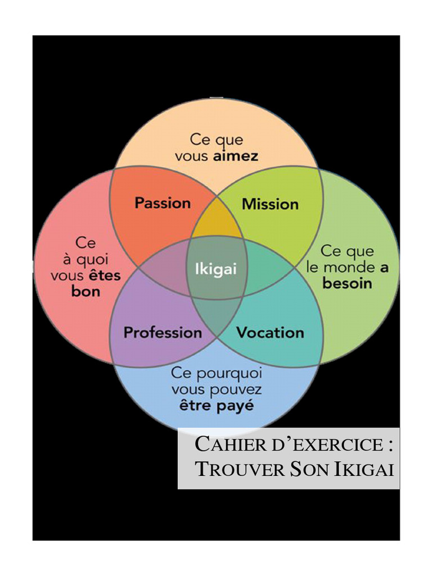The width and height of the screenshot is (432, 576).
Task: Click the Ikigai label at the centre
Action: pos(215,269)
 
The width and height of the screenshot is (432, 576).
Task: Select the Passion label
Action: pos(162,203)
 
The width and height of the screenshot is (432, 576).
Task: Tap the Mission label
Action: pos(270,204)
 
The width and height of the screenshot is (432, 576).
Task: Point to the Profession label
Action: pos(163,332)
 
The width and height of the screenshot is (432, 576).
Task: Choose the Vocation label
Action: pos(270,332)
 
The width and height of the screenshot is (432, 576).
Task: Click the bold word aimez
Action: pos(236,156)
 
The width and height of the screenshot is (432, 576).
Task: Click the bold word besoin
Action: pos(347,283)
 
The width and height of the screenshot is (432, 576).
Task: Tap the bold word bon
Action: pos(85,291)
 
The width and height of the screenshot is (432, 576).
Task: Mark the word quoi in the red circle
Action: pos(94,260)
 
